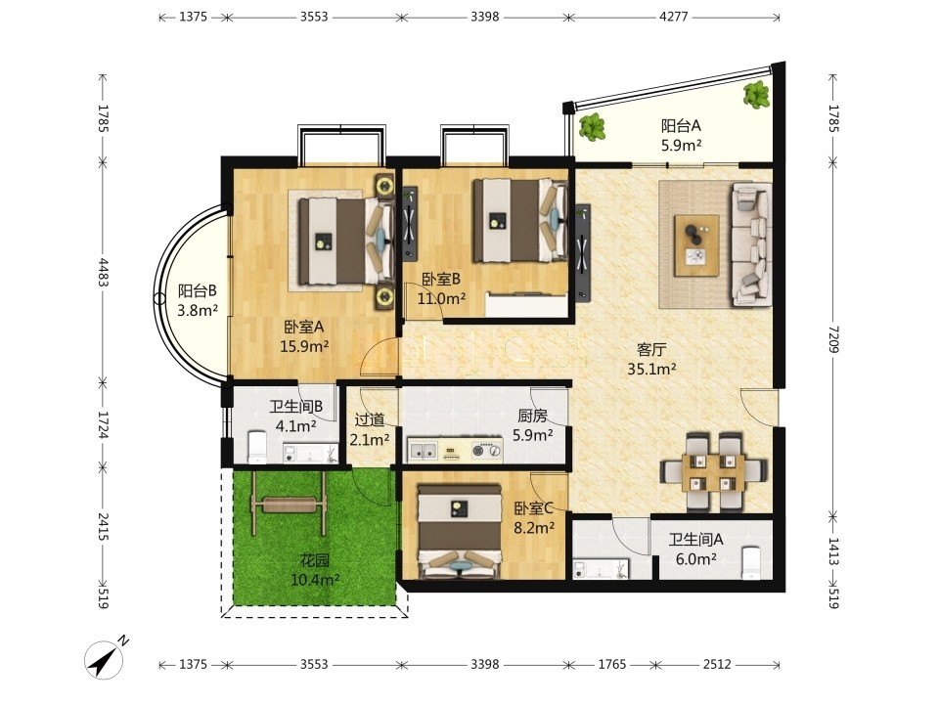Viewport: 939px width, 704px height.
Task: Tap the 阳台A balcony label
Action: pyautogui.click(x=681, y=126)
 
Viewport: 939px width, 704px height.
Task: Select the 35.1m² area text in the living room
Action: pyautogui.click(x=651, y=369)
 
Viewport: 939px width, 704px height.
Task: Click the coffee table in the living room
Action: pyautogui.click(x=696, y=245)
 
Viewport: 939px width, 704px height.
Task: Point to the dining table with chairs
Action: pyautogui.click(x=713, y=470)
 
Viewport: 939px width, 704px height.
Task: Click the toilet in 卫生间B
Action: pyautogui.click(x=257, y=447)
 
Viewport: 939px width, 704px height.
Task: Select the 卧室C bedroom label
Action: pyautogui.click(x=534, y=508)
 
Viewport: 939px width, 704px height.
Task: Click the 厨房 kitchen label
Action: pyautogui.click(x=533, y=416)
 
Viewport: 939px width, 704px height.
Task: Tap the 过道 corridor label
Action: pyautogui.click(x=370, y=420)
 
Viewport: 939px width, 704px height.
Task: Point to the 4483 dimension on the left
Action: pyautogui.click(x=103, y=272)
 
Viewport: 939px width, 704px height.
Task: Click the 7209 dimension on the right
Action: pyautogui.click(x=833, y=339)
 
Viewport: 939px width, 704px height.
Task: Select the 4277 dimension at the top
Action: pyautogui.click(x=674, y=17)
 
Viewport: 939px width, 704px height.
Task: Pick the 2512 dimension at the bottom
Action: pyautogui.click(x=717, y=664)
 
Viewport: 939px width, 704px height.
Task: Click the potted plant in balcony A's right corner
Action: pyautogui.click(x=757, y=95)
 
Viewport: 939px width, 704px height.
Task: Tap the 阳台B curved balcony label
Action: pyautogui.click(x=197, y=291)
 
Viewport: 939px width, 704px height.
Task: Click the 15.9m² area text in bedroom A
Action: pyautogui.click(x=305, y=346)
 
